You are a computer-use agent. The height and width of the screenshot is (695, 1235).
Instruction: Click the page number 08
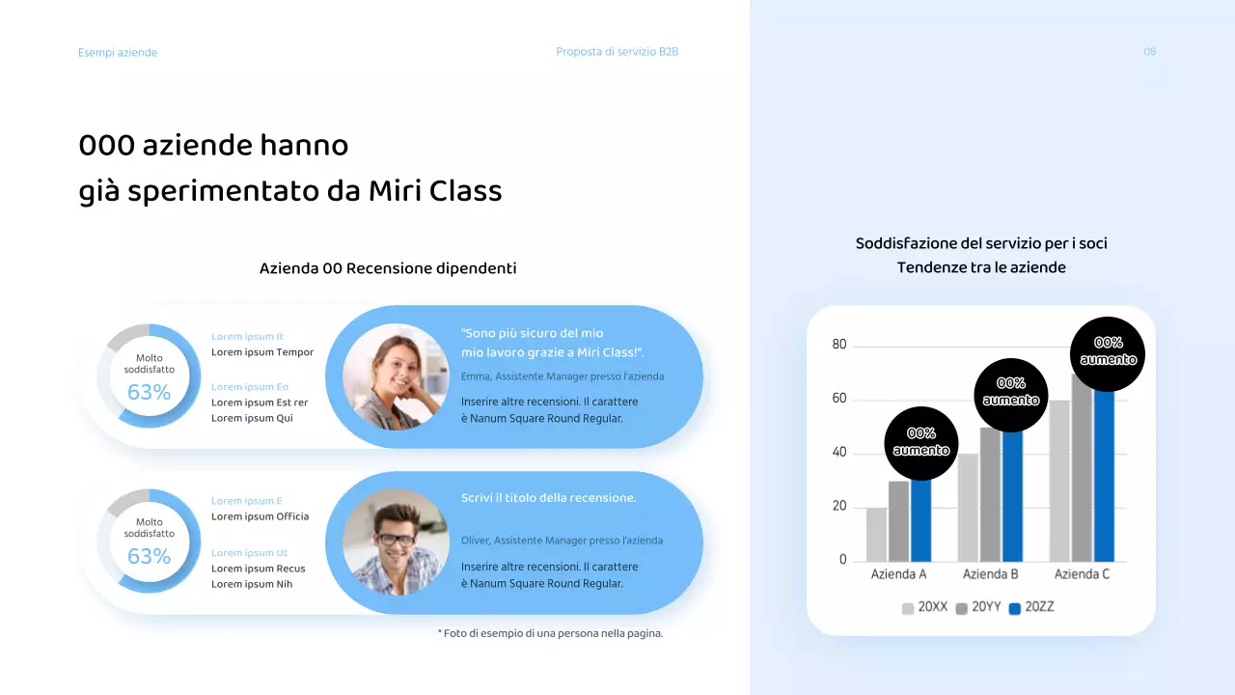1149,52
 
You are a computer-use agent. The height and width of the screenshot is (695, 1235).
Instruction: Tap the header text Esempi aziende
118,53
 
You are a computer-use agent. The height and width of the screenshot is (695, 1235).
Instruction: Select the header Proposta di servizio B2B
617,52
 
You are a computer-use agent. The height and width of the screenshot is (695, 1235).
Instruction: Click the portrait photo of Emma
396,376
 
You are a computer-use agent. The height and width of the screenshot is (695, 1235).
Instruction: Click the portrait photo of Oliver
396,542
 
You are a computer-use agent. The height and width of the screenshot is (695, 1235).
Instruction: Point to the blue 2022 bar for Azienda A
921,520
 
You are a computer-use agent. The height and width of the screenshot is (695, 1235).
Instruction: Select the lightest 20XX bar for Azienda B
968,508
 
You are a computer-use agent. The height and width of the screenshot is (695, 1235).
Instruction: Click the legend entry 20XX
925,608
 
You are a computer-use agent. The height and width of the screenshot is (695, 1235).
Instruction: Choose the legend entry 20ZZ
1031,608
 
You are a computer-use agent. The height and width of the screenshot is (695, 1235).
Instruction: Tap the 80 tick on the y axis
838,346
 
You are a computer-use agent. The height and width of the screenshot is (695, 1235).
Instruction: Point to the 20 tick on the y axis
838,507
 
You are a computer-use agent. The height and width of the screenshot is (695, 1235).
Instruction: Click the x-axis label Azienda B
991,574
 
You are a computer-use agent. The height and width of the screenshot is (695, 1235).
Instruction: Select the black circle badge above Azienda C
1109,352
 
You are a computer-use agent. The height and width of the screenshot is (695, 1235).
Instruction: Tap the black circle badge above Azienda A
921,443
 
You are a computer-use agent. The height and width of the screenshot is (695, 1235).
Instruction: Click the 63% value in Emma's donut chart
149,393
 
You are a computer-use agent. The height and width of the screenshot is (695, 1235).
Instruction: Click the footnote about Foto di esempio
550,634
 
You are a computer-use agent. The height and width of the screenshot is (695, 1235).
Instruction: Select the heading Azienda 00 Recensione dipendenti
388,268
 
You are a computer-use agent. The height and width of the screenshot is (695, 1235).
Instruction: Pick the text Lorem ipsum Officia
261,516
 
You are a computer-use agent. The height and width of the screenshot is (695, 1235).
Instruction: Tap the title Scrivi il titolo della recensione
549,498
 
